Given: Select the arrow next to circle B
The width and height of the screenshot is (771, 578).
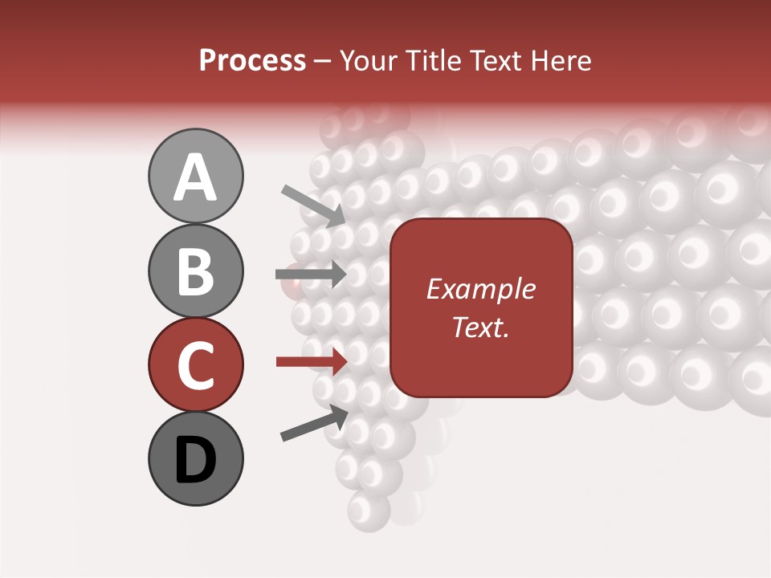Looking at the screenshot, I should coord(311,275).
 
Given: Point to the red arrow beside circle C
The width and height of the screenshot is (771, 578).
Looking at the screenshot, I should coord(311,362).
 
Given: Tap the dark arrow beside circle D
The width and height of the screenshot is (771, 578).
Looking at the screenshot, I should coord(314,423).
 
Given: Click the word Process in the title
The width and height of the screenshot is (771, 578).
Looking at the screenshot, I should coord(252,60).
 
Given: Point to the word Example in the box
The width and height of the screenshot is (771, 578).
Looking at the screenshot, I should coord(480,289).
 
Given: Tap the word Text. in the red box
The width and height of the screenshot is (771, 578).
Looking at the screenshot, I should coord(480,327).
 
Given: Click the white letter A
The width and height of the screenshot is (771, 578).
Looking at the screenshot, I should coord(195,177).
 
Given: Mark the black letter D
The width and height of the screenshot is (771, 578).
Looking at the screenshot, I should coord(195,460).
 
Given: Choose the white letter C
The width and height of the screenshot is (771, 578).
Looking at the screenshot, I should coord(195,365).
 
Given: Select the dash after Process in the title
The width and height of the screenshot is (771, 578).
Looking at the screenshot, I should coord(323,62).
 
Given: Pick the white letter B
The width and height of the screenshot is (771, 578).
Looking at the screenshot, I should coord(195,271).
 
